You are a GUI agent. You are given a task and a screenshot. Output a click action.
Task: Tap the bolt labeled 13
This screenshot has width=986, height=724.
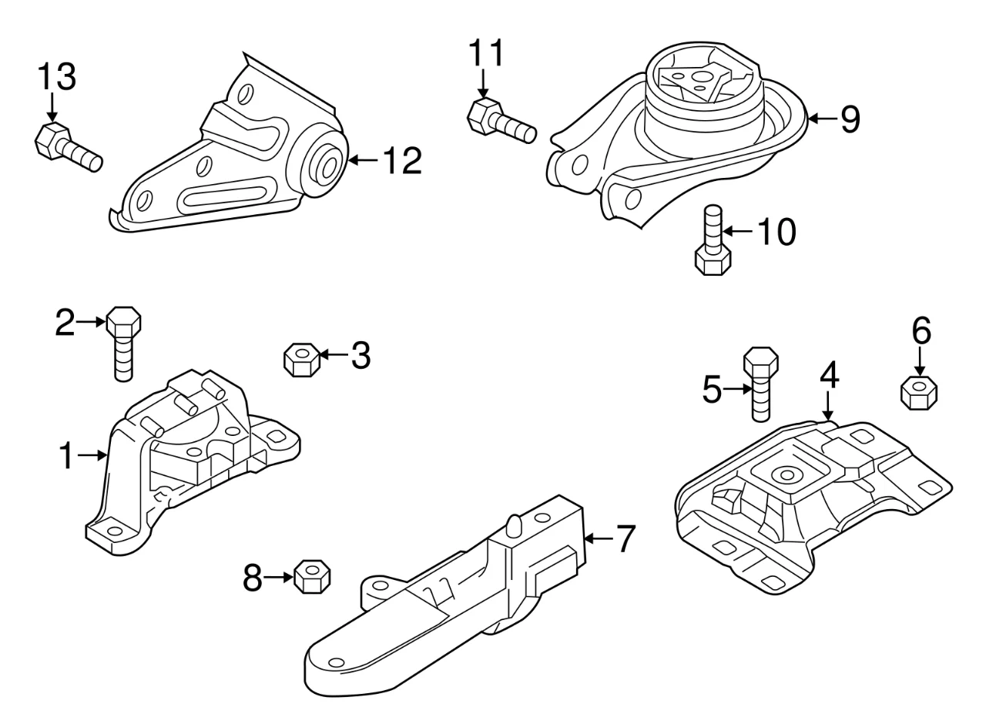pyautogui.click(x=67, y=147)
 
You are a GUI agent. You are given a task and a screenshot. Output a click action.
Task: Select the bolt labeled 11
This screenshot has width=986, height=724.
pyautogui.click(x=500, y=121)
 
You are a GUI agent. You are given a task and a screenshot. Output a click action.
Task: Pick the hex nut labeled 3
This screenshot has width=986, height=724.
pyautogui.click(x=301, y=359)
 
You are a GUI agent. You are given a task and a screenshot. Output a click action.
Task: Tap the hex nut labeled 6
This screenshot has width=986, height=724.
pyautogui.click(x=919, y=392)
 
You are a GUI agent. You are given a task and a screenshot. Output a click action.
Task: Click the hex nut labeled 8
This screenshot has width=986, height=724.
pyautogui.click(x=312, y=578)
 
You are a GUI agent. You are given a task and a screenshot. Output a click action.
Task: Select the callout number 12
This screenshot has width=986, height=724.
pyautogui.click(x=401, y=161)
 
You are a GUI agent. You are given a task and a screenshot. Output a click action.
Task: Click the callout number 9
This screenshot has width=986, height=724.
pyautogui.click(x=850, y=119)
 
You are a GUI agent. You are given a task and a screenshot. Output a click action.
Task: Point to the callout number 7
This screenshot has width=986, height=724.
pyautogui.click(x=625, y=538)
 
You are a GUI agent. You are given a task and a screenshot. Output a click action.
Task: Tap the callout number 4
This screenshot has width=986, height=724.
pyautogui.click(x=829, y=375)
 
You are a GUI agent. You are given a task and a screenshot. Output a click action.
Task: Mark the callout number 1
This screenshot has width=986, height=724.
pyautogui.click(x=68, y=456)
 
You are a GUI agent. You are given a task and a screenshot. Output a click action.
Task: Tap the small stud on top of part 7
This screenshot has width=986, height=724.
pyautogui.click(x=514, y=525)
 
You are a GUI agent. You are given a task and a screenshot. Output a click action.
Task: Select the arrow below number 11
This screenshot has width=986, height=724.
pyautogui.click(x=484, y=82)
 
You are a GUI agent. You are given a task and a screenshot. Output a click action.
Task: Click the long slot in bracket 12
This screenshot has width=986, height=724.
pyautogui.click(x=224, y=196)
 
